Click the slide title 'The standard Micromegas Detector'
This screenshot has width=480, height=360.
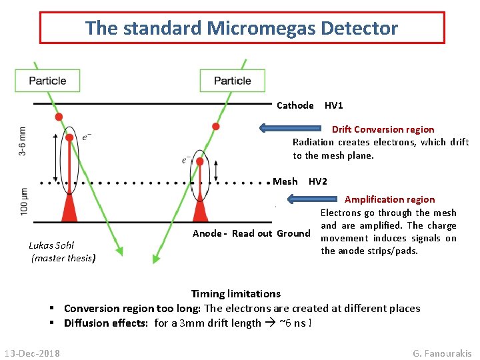(x=241, y=28)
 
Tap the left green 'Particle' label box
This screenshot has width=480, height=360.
(x=47, y=81)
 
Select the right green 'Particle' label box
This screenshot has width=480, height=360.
(x=233, y=81)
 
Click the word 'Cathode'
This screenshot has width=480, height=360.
(x=295, y=105)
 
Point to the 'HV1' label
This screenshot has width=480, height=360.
(x=334, y=105)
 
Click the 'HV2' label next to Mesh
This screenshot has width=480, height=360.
(x=318, y=181)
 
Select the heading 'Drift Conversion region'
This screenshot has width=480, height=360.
(x=383, y=129)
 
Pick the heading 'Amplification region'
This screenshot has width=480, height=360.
(x=389, y=199)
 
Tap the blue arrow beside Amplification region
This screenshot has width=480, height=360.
(x=314, y=199)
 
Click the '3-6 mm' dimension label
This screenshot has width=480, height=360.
(x=23, y=141)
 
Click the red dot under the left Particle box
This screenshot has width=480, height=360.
(x=59, y=117)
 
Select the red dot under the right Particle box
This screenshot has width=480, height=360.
(x=215, y=127)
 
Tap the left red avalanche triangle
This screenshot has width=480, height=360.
(x=69, y=209)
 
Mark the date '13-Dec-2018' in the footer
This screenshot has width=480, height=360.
(x=32, y=353)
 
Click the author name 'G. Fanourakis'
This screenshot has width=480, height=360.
(x=442, y=353)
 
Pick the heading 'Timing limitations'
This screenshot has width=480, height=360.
(x=235, y=293)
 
